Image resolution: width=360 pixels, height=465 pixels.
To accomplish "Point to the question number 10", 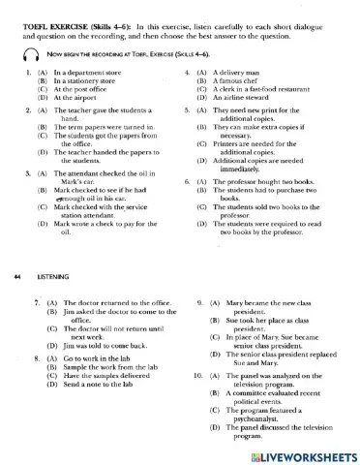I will (x=198, y=373).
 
